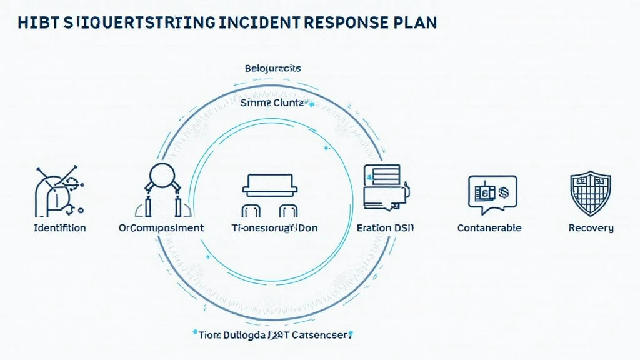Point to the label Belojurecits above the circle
click(x=272, y=67)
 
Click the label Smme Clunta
click(x=272, y=102)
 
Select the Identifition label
click(x=60, y=227)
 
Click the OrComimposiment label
click(x=161, y=227)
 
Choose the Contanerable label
click(x=489, y=227)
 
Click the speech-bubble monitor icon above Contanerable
click(x=492, y=191)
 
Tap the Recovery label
click(x=591, y=227)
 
